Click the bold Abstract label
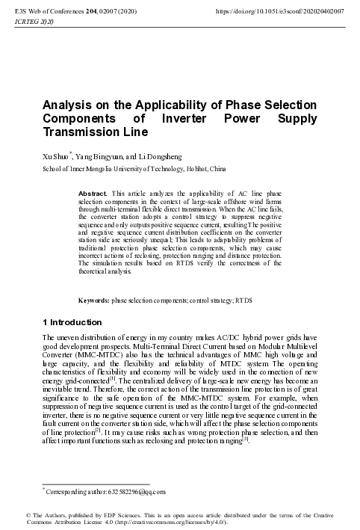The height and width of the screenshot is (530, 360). click(x=93, y=194)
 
